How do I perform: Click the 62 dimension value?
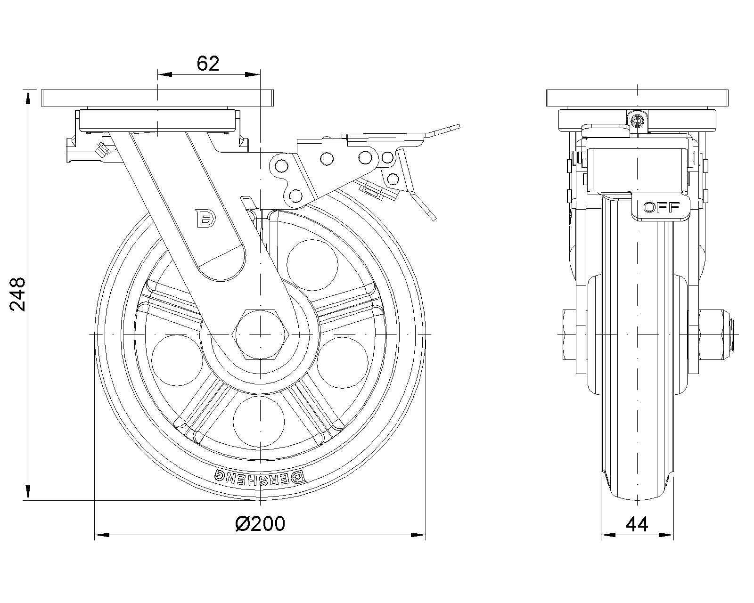(x=208, y=63)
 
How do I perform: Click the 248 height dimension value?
(x=17, y=294)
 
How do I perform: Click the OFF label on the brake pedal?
(x=661, y=207)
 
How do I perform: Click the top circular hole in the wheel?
(x=312, y=265)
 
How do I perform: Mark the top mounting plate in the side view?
(x=157, y=98)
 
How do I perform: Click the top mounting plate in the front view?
(x=637, y=98)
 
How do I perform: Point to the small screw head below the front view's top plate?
(x=638, y=121)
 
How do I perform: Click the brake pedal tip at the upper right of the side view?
(x=448, y=129)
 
